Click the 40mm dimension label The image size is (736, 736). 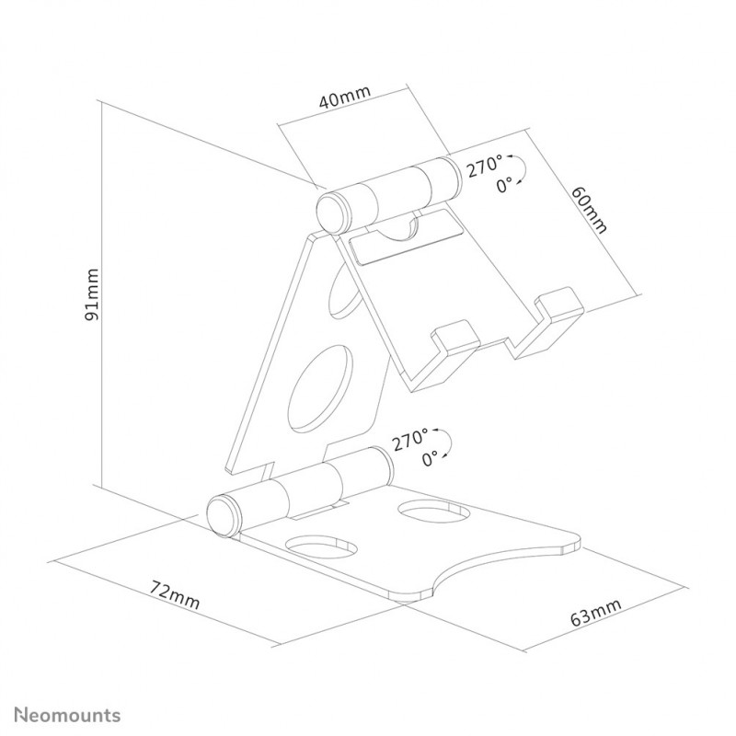pyautogui.click(x=344, y=97)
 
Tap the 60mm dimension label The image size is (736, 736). pyautogui.click(x=589, y=210)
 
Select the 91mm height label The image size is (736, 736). pyautogui.click(x=92, y=294)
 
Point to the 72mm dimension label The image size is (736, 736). pyautogui.click(x=175, y=594)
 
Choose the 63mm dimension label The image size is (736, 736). pyautogui.click(x=596, y=612)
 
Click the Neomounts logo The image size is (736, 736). pyautogui.click(x=67, y=715)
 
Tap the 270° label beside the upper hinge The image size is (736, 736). pyautogui.click(x=485, y=166)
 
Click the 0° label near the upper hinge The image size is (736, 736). pyautogui.click(x=504, y=186)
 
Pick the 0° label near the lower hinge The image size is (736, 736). pyautogui.click(x=430, y=458)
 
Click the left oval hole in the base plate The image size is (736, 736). pyautogui.click(x=321, y=546)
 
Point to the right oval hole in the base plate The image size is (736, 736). pyautogui.click(x=433, y=511)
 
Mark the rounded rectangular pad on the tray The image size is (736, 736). pyautogui.click(x=407, y=237)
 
